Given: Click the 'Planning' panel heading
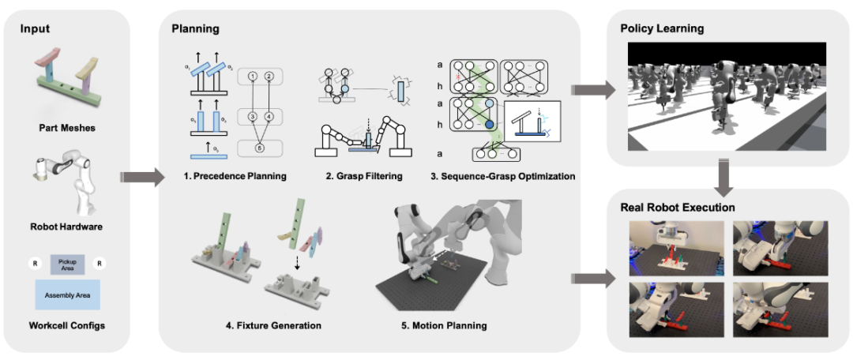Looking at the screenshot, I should pyautogui.click(x=196, y=29).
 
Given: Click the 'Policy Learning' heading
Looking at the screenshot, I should pyautogui.click(x=662, y=29).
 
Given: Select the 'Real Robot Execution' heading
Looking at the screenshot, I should pyautogui.click(x=678, y=208).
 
